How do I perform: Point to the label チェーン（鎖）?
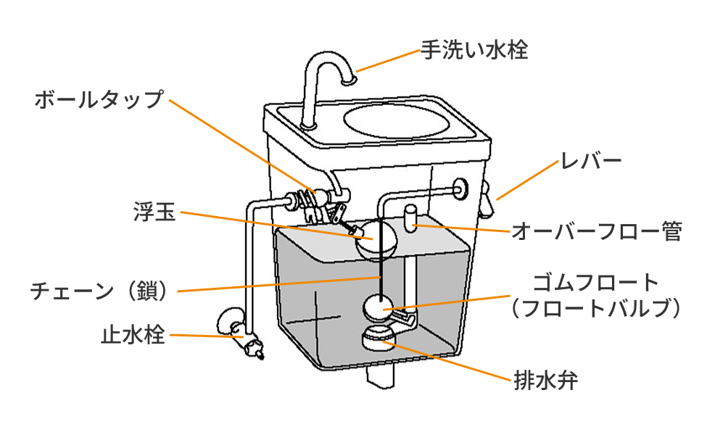[x=100, y=291]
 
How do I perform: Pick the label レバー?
[x=592, y=161]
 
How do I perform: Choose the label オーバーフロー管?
[x=596, y=232]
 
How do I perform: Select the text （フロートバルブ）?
[x=595, y=308]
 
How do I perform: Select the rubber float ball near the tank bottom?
[x=378, y=307]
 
